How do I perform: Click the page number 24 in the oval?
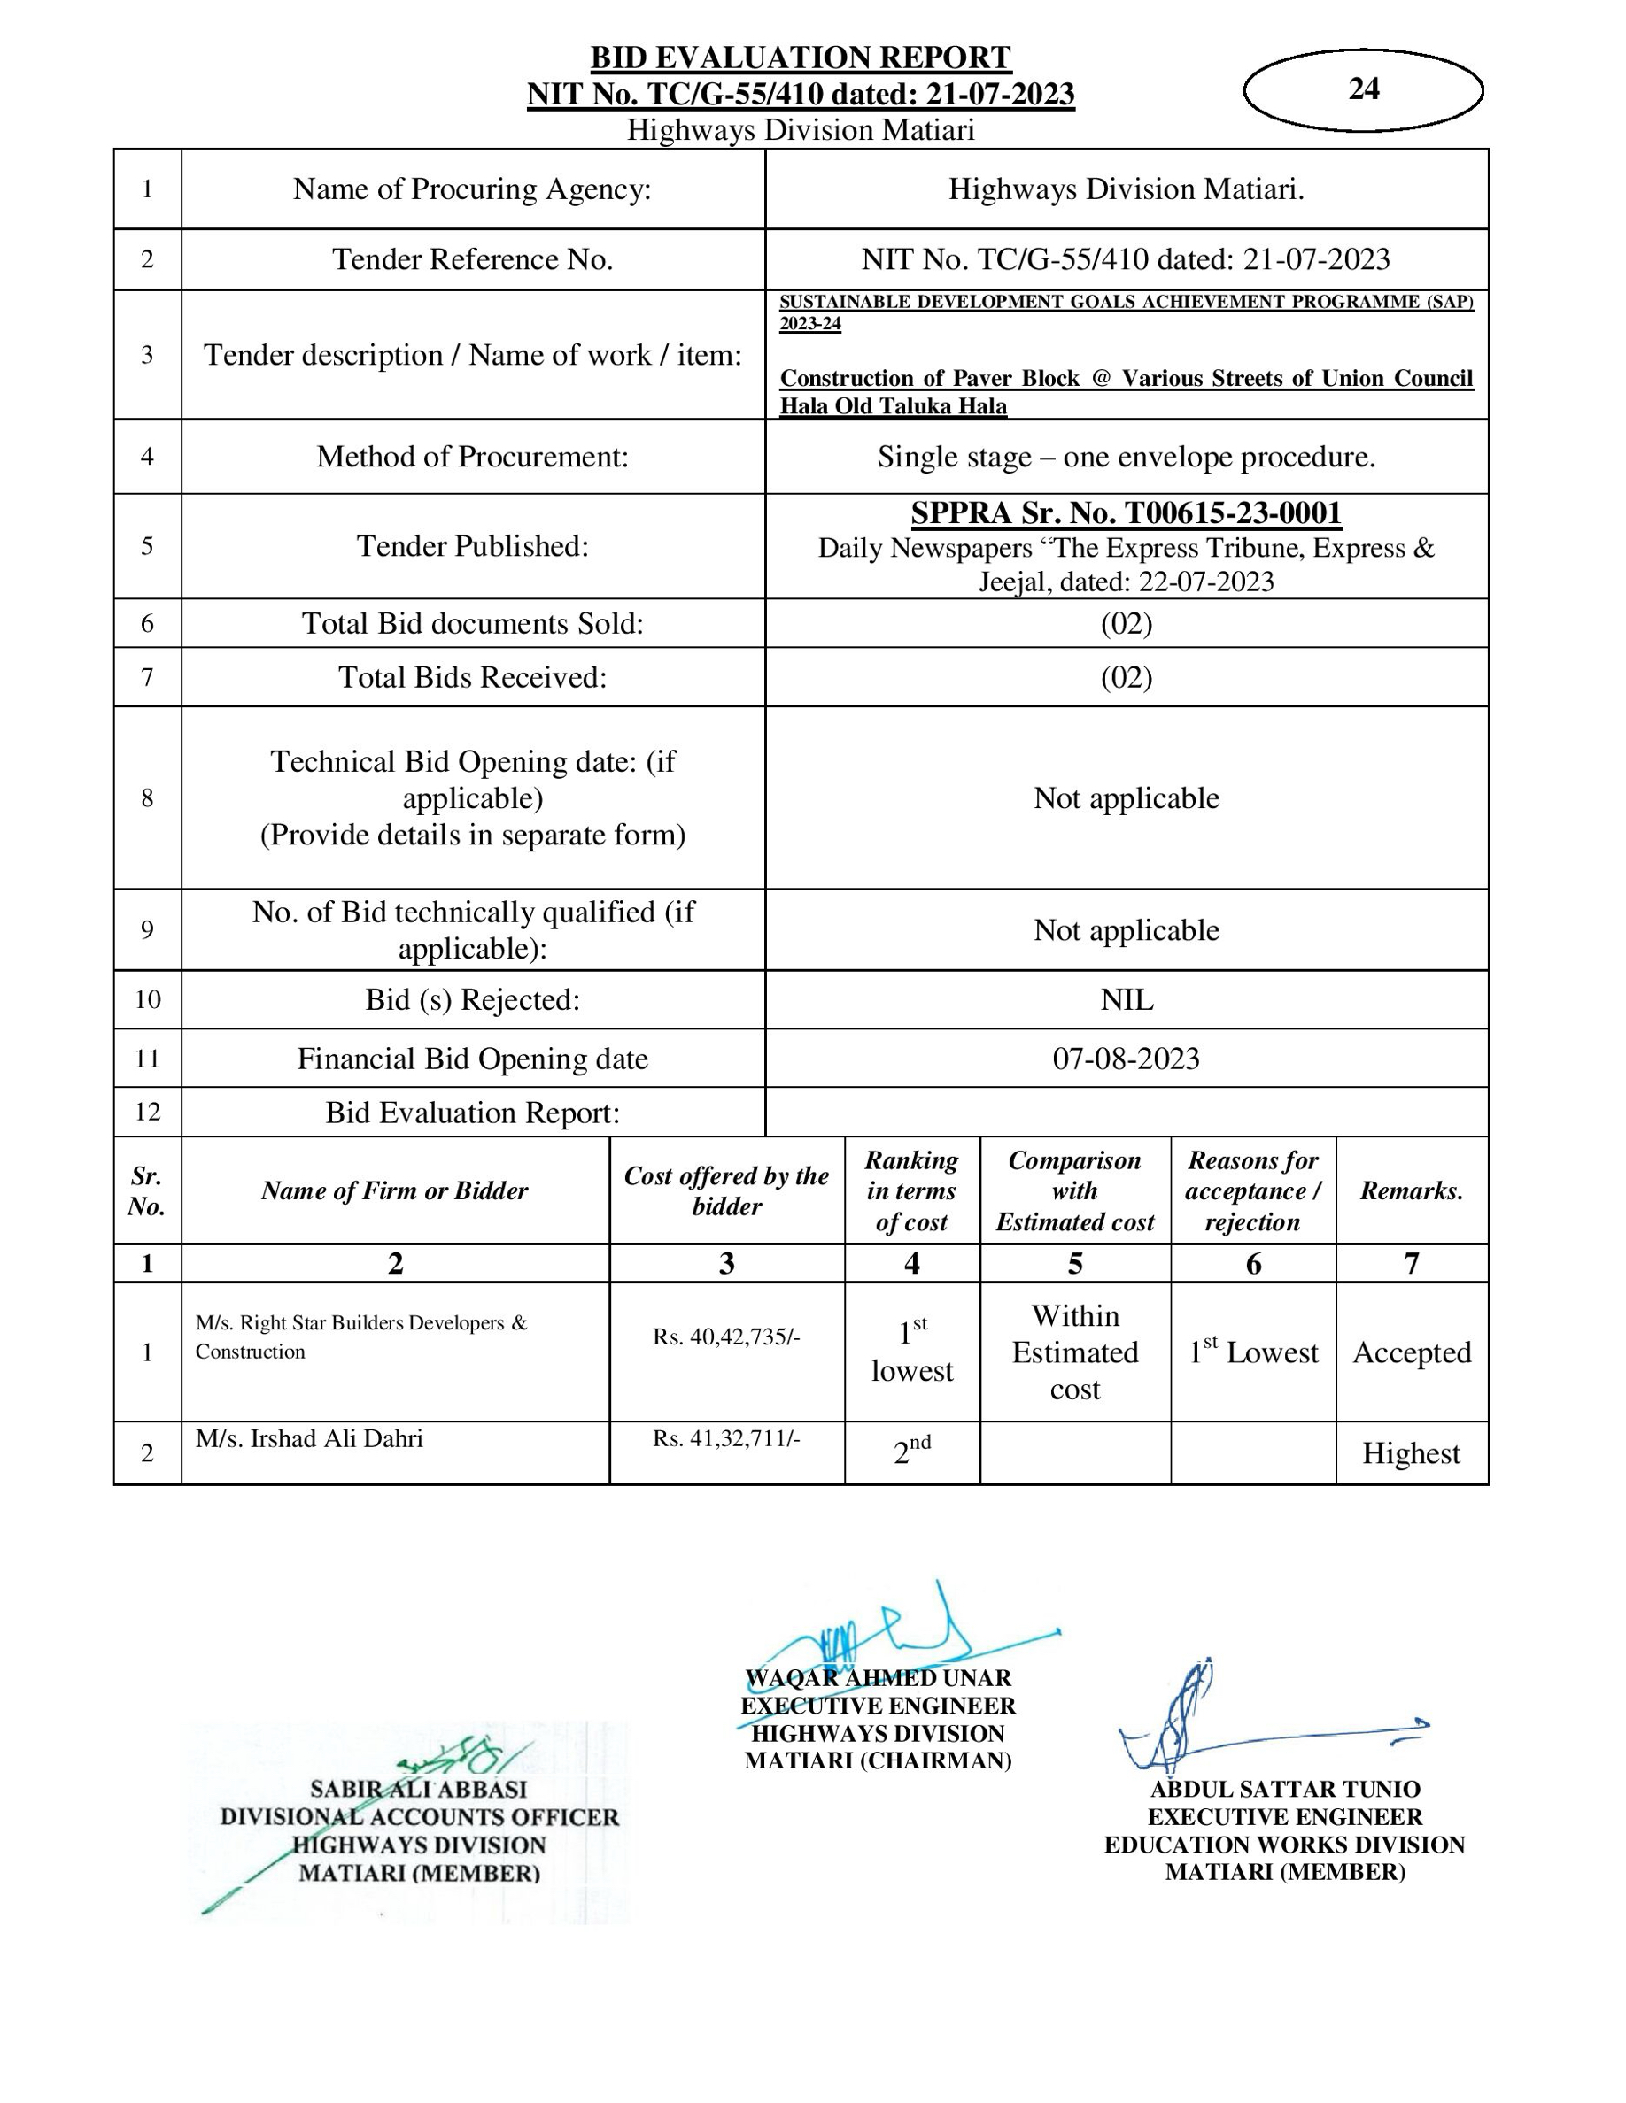click(x=1363, y=89)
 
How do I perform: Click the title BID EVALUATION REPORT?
click(x=801, y=58)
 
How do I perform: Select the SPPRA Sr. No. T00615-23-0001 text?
click(x=1126, y=513)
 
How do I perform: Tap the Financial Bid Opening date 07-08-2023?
click(x=1126, y=1059)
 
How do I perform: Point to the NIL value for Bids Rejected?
click(x=1126, y=999)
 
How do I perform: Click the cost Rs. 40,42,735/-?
click(x=726, y=1337)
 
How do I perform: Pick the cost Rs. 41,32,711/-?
click(x=726, y=1438)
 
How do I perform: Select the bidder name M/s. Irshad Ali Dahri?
click(x=309, y=1438)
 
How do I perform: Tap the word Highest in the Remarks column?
click(x=1411, y=1453)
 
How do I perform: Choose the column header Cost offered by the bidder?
click(x=726, y=1190)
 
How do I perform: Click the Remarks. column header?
click(x=1411, y=1191)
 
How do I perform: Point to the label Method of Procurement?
click(x=472, y=457)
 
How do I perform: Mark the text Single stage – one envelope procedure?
click(x=1126, y=457)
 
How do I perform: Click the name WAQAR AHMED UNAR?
click(x=879, y=1678)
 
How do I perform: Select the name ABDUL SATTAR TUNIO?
click(x=1285, y=1789)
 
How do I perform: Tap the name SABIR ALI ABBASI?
click(x=419, y=1789)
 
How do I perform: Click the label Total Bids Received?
click(x=472, y=677)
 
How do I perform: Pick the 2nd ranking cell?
click(x=911, y=1451)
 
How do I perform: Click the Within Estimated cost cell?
click(x=1075, y=1352)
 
